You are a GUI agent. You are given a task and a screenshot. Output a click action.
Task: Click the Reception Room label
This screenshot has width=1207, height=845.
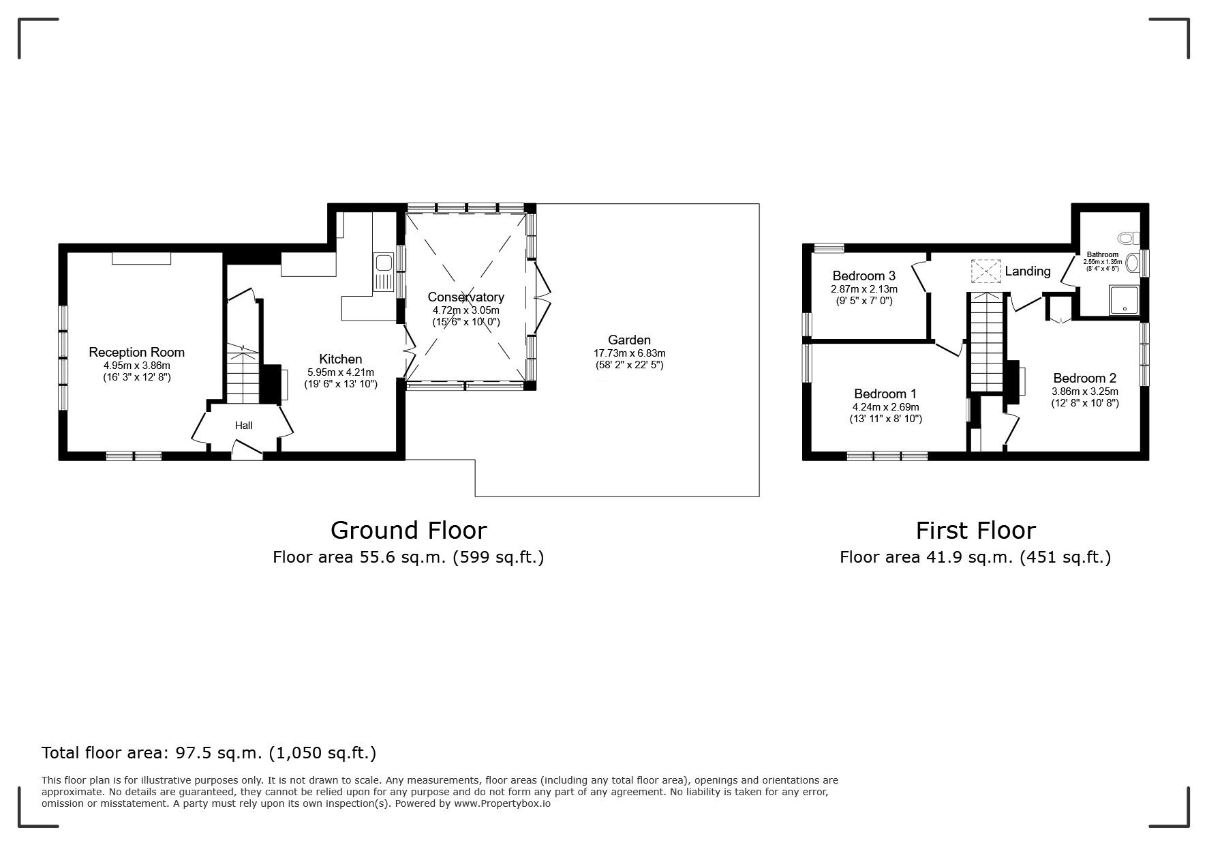(x=136, y=353)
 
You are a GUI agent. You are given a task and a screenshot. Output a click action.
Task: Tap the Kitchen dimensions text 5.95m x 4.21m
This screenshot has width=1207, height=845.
(x=341, y=372)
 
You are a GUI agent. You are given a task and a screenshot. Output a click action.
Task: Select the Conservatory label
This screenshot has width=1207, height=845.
(x=465, y=297)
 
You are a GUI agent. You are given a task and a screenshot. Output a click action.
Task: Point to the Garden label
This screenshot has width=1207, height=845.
(x=629, y=340)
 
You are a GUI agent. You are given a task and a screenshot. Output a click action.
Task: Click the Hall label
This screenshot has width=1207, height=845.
(x=243, y=426)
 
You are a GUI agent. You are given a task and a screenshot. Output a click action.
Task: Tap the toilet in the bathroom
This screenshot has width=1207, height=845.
(x=1129, y=238)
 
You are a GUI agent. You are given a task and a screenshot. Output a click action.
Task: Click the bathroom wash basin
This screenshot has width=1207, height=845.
(x=1133, y=263)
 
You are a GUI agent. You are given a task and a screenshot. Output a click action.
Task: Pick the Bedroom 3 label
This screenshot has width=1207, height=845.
(x=864, y=276)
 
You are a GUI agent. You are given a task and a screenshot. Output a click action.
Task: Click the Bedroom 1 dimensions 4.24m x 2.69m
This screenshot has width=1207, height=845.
(x=885, y=407)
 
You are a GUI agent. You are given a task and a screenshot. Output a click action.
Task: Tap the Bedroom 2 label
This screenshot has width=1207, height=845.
(x=1084, y=379)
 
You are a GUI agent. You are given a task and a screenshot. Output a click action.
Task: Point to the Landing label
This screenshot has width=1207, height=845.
(x=1027, y=271)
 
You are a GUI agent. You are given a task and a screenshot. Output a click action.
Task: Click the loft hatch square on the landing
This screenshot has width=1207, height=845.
(x=986, y=271)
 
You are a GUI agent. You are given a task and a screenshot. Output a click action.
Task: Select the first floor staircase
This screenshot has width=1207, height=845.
(x=986, y=341)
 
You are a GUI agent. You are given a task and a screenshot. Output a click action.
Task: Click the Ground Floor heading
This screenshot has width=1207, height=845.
(x=408, y=530)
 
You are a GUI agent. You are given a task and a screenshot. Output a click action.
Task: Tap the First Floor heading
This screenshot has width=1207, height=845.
(x=975, y=530)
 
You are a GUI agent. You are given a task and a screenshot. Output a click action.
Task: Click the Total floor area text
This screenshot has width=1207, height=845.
(x=209, y=753)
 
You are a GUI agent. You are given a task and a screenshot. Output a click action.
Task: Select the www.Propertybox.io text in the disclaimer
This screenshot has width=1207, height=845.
(x=502, y=803)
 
